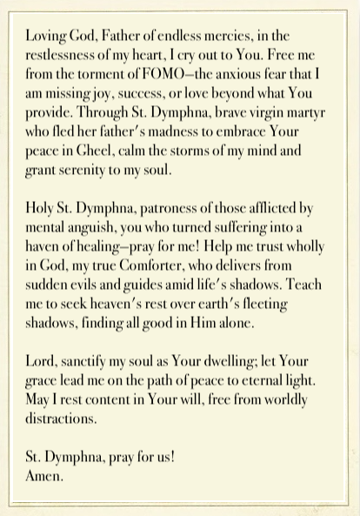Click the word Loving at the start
tap(44, 37)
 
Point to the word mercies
tap(224, 37)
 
